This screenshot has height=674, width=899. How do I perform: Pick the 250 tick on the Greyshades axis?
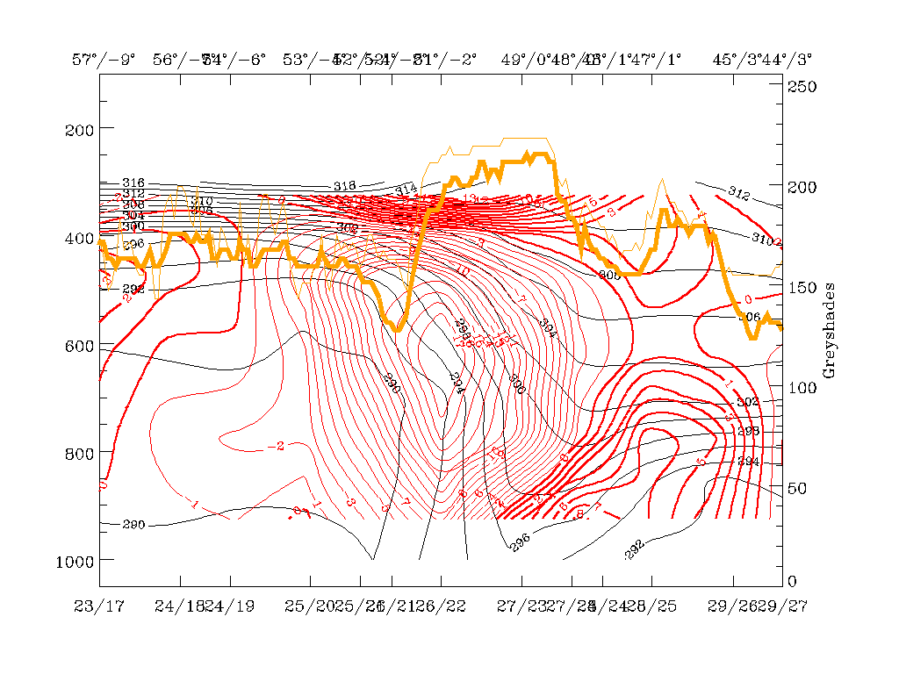click(x=802, y=87)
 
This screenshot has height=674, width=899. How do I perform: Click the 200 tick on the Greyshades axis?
click(x=802, y=187)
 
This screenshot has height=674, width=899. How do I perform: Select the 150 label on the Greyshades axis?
click(x=802, y=287)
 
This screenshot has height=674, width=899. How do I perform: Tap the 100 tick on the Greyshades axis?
click(x=802, y=387)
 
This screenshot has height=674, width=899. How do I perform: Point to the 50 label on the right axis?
click(x=798, y=487)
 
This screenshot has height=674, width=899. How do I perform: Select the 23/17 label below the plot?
click(x=99, y=606)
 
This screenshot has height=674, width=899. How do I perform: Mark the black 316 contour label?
click(x=133, y=183)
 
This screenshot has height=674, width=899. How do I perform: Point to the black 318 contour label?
click(x=344, y=186)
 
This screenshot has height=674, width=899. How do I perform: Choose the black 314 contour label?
click(x=406, y=190)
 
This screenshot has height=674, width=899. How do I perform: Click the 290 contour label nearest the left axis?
click(x=133, y=525)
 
